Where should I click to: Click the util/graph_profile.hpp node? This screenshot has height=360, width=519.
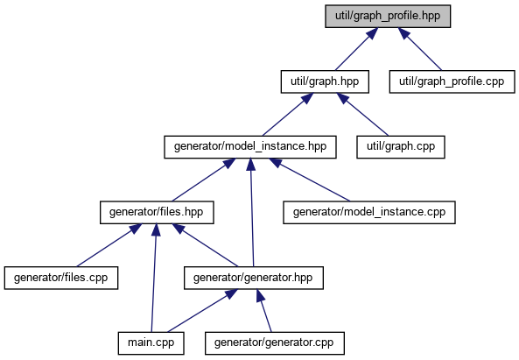click(388, 17)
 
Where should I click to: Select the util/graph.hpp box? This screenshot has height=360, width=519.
click(325, 81)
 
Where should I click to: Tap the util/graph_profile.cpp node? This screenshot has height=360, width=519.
click(452, 81)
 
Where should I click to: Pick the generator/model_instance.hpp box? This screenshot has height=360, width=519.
click(250, 147)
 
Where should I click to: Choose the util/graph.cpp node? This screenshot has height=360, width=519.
click(401, 147)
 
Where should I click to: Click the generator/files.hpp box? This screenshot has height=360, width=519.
click(157, 212)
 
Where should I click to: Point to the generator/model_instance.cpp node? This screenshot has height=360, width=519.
click(369, 212)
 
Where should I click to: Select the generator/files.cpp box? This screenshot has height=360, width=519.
click(61, 278)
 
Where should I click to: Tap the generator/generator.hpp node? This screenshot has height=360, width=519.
click(254, 278)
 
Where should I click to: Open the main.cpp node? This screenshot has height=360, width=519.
click(151, 343)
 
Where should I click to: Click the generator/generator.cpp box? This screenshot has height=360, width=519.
click(275, 343)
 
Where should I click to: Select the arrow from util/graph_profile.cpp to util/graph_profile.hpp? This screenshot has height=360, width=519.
click(420, 49)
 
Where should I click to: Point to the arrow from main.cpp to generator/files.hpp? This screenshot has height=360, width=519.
click(153, 278)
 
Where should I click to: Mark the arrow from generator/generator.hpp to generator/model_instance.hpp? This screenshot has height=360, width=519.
click(252, 212)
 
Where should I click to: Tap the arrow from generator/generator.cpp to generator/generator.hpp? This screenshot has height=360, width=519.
click(263, 311)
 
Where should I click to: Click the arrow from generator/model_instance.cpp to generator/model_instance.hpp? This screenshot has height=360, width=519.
click(310, 180)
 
